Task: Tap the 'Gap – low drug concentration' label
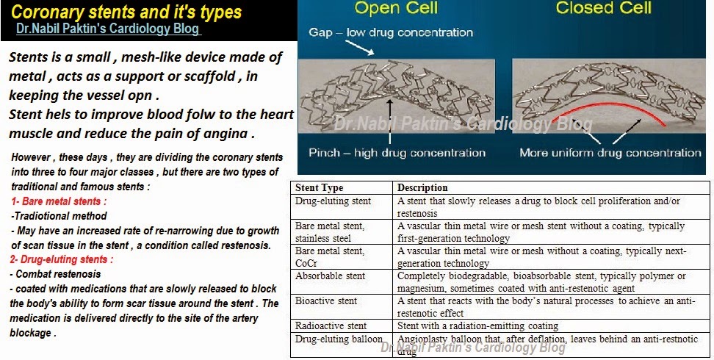pyautogui.click(x=391, y=32)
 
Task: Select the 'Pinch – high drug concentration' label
pyautogui.click(x=397, y=153)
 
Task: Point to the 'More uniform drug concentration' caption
pyautogui.click(x=610, y=153)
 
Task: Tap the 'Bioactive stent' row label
pyautogui.click(x=326, y=300)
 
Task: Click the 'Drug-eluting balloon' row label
pyautogui.click(x=339, y=339)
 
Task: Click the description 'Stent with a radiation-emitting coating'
pyautogui.click(x=477, y=325)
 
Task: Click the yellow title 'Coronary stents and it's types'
pyautogui.click(x=126, y=12)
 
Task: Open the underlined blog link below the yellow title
pyautogui.click(x=109, y=31)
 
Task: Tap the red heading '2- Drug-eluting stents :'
pyautogui.click(x=62, y=259)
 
